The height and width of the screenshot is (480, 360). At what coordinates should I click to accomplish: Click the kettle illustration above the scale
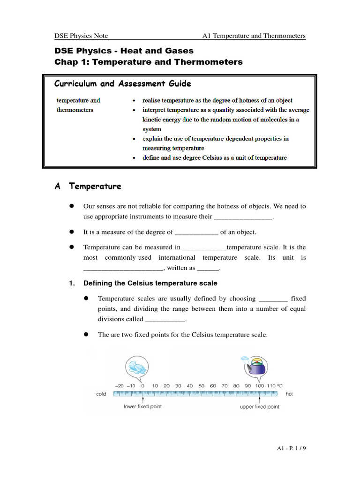tap(255, 366)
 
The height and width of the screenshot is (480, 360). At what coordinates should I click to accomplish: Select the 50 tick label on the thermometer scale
tap(201, 386)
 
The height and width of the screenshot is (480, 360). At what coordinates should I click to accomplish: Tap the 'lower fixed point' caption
tap(142, 406)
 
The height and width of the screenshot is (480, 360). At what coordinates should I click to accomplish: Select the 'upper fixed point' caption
tap(259, 406)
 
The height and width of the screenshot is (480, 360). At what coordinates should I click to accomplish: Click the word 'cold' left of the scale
tap(101, 394)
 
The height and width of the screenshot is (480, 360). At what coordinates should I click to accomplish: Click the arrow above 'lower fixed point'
tap(143, 399)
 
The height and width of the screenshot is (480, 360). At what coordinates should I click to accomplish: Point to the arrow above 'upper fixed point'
tap(260, 399)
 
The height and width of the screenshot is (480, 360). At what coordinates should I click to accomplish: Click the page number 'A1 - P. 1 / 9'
tap(291, 449)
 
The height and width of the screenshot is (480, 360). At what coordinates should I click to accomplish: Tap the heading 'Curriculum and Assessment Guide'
tap(122, 84)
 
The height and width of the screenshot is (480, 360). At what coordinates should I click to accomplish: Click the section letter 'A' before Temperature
tap(58, 187)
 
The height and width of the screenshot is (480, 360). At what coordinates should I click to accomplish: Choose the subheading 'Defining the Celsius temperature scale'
tap(150, 283)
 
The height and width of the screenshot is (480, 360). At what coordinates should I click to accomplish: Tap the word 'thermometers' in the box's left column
tap(75, 110)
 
